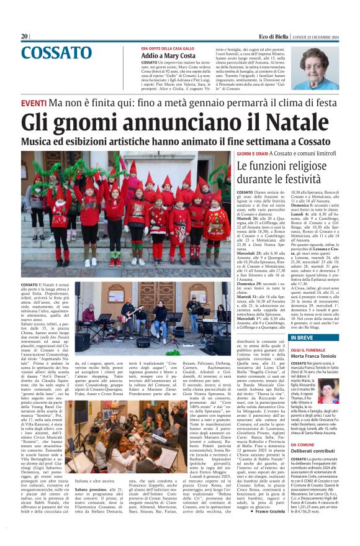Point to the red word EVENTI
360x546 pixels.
pyautogui.click(x=34, y=102)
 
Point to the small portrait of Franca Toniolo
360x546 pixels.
pyautogui.click(x=344, y=392)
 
